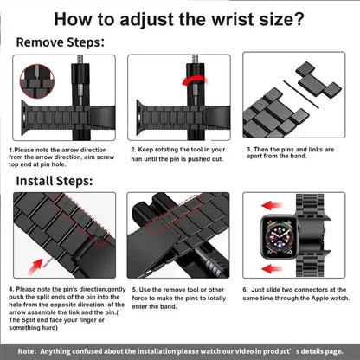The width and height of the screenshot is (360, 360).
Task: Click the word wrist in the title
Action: tap(228, 17)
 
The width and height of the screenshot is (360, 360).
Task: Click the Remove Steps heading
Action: tap(60, 41)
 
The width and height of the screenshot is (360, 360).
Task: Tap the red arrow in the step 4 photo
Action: tap(38, 259)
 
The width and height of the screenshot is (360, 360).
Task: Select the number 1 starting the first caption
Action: tap(11, 149)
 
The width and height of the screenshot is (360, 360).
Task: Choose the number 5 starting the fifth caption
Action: tap(132, 287)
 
